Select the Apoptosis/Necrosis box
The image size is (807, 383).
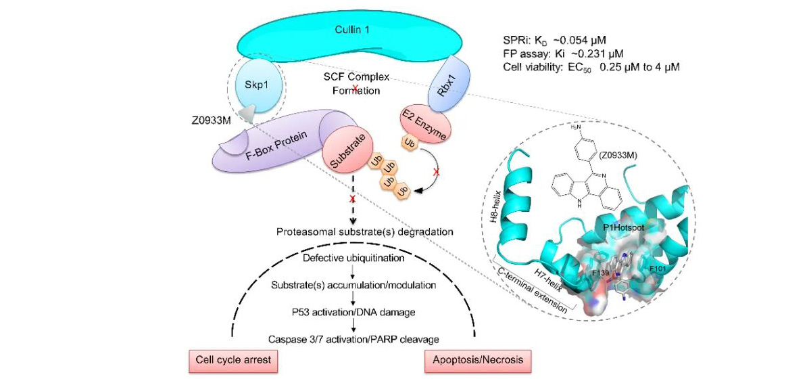pos(477,360)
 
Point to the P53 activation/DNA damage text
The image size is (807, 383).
pos(354,312)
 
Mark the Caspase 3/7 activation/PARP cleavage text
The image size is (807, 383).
pos(354,338)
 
